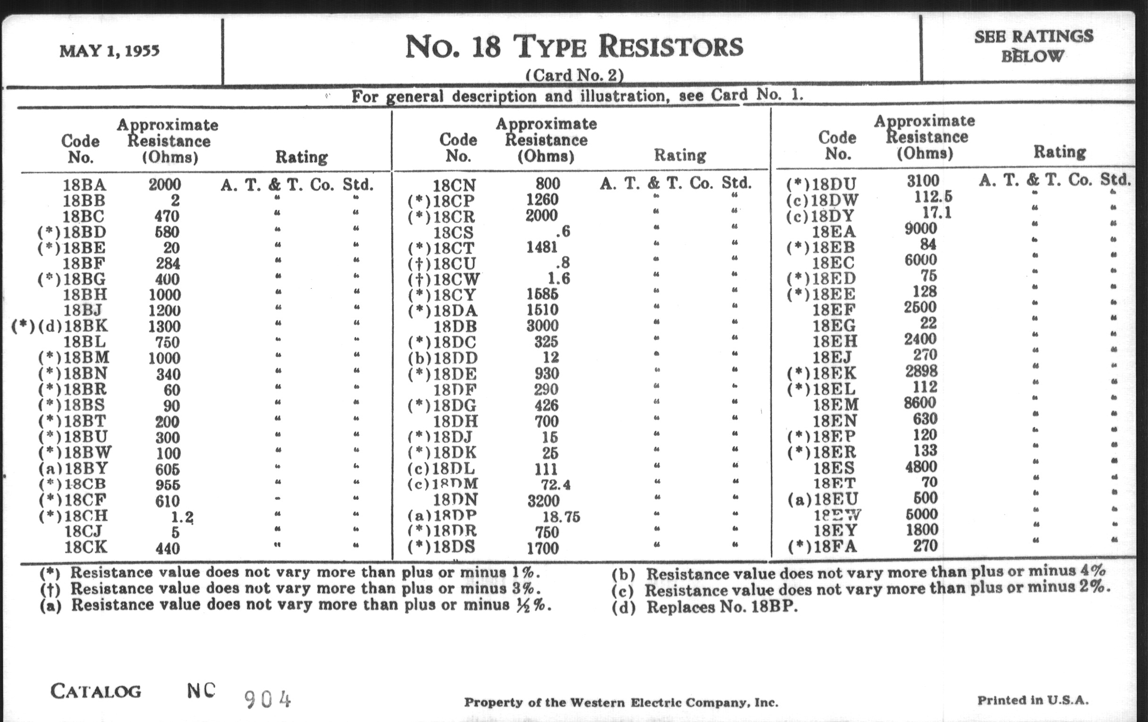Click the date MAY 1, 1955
[109, 51]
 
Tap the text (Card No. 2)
[574, 76]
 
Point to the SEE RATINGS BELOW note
[1033, 46]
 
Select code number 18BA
[84, 185]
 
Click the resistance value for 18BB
[175, 201]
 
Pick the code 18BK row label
[85, 327]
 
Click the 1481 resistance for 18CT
[541, 247]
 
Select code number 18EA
[834, 232]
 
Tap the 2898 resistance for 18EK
[921, 371]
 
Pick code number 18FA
[835, 546]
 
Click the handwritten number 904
[267, 700]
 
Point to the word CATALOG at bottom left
[96, 691]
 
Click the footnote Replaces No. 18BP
[721, 607]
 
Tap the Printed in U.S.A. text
[1033, 701]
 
